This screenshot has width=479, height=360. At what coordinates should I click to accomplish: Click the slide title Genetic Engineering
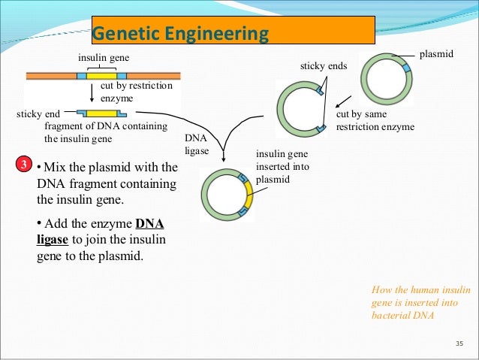point(180,34)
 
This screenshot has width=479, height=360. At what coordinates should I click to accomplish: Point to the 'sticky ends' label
point(323,67)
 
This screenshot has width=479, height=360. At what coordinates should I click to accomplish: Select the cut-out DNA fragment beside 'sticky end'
point(101,113)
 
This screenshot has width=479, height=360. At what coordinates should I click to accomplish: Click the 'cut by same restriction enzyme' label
point(375,121)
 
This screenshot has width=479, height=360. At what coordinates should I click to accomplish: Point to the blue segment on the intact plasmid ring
point(405,68)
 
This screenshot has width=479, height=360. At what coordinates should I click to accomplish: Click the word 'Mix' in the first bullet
point(57,167)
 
